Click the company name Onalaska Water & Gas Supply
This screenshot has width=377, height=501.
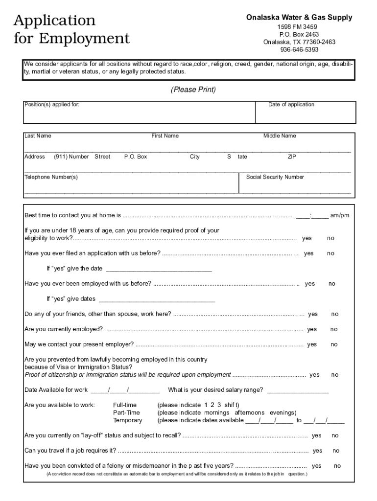click(299, 18)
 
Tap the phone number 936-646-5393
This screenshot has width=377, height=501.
click(299, 49)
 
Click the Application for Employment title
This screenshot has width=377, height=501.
click(71, 29)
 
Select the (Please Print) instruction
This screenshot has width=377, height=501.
click(193, 90)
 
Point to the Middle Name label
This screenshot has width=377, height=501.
click(280, 136)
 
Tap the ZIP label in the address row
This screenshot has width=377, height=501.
click(292, 157)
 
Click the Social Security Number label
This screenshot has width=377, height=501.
click(275, 177)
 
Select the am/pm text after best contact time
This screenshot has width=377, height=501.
click(340, 216)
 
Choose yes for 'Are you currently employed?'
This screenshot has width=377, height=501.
click(312, 330)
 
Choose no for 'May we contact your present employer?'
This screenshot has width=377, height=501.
click(334, 345)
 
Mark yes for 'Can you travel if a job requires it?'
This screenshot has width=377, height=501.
click(317, 451)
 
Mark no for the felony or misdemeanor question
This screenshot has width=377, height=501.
click(337, 466)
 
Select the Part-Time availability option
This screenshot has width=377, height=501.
click(126, 413)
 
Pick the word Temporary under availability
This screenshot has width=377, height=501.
click(127, 421)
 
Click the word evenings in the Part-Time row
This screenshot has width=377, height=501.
click(283, 413)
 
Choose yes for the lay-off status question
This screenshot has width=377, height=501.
click(317, 436)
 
